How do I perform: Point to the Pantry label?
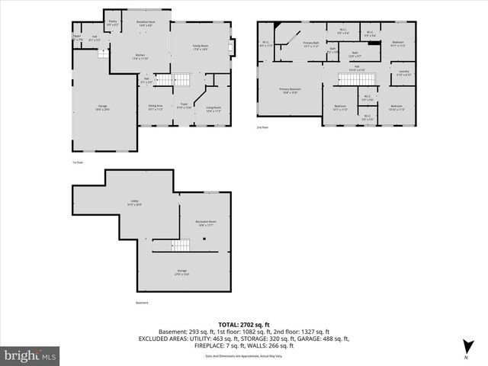(x=112, y=24)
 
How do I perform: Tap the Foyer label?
(x=183, y=107)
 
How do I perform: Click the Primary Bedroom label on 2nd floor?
(x=289, y=89)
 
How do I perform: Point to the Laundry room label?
(x=403, y=73)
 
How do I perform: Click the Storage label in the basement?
(x=182, y=271)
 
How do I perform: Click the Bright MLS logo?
(x=31, y=355)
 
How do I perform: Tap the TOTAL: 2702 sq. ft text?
(x=243, y=324)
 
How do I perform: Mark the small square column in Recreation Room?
(x=204, y=239)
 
